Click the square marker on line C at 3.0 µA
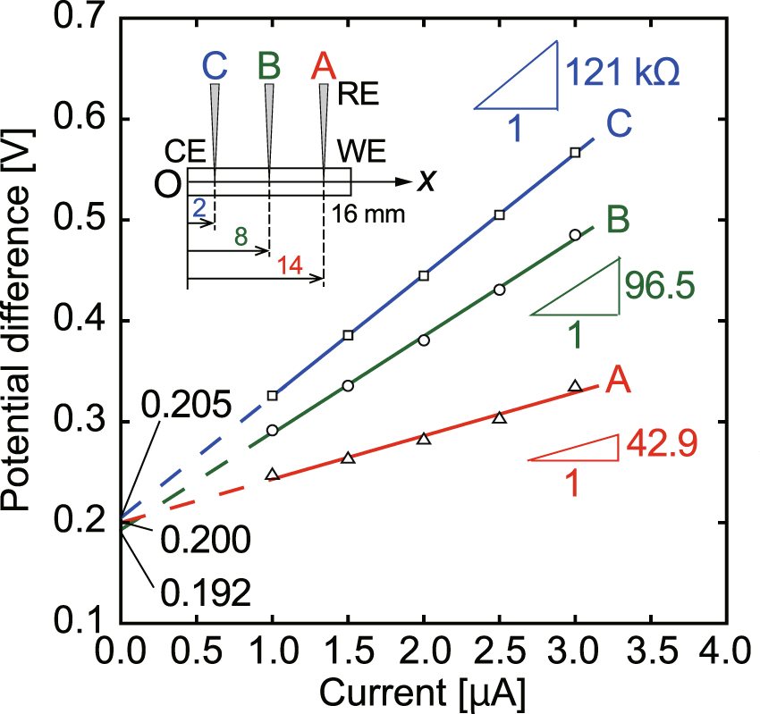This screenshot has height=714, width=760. click(x=575, y=153)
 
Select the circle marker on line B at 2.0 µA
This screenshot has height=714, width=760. click(x=424, y=340)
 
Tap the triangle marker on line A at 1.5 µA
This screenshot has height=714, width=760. click(x=349, y=458)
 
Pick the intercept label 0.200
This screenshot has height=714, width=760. click(x=207, y=541)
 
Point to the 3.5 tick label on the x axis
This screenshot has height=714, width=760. click(x=651, y=645)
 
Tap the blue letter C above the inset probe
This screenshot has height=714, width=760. click(x=215, y=65)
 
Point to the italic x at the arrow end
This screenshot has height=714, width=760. click(x=429, y=182)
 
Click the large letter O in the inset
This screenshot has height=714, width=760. click(x=168, y=184)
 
